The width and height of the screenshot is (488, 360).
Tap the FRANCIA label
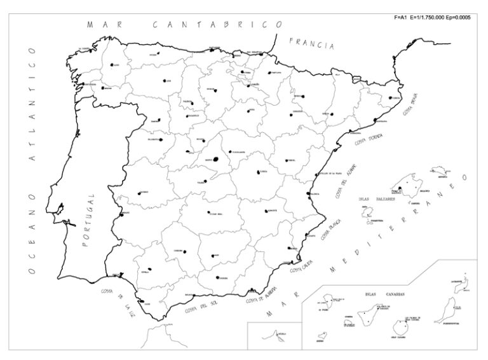pyautogui.click(x=311, y=45)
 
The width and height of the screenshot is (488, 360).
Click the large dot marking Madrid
pyautogui.click(x=217, y=159)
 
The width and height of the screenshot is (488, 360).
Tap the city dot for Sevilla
pyautogui.click(x=149, y=269)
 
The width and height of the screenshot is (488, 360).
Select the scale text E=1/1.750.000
pyautogui.click(x=429, y=17)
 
